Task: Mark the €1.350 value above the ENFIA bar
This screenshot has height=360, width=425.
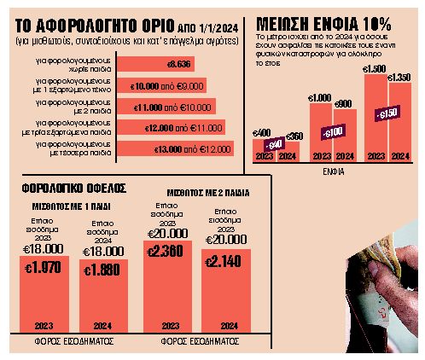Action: tap(400, 77)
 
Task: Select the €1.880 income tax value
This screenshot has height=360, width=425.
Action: tap(100, 268)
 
